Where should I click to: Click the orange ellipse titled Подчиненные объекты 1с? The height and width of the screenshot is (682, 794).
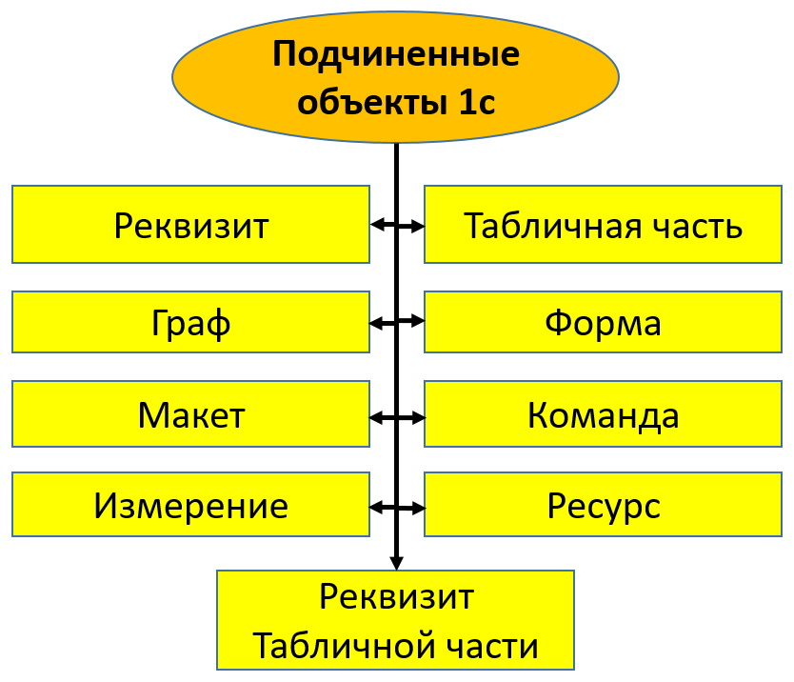pyautogui.click(x=395, y=76)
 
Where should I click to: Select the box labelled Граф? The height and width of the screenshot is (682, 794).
pyautogui.click(x=190, y=322)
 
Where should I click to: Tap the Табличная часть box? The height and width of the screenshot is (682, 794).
pyautogui.click(x=603, y=225)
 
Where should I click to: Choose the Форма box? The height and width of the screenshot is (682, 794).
pyautogui.click(x=603, y=322)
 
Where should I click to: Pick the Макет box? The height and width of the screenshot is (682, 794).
pyautogui.click(x=190, y=415)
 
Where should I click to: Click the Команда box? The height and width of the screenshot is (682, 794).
pyautogui.click(x=603, y=415)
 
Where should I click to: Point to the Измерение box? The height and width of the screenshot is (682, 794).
pyautogui.click(x=190, y=505)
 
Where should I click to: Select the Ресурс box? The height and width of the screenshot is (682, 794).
pyautogui.click(x=603, y=505)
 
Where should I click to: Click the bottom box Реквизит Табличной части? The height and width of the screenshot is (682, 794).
pyautogui.click(x=395, y=620)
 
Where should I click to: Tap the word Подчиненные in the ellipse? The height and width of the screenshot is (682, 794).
pyautogui.click(x=396, y=54)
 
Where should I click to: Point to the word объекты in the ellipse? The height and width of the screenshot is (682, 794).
pyautogui.click(x=365, y=101)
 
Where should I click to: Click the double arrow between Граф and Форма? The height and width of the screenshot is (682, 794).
pyautogui.click(x=397, y=323)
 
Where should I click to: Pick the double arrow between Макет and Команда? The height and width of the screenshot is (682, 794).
pyautogui.click(x=397, y=416)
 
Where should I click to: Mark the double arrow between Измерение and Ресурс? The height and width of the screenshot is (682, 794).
pyautogui.click(x=397, y=506)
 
